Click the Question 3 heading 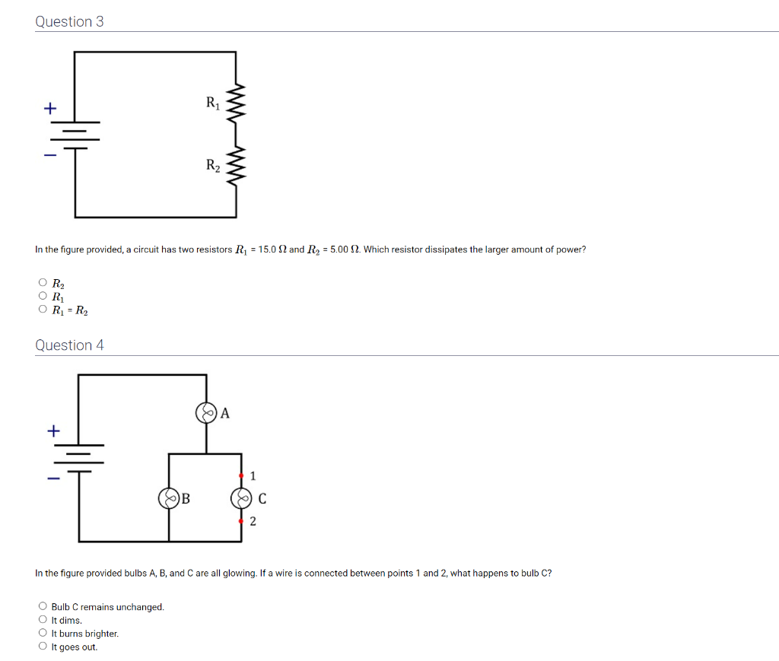pos(69,21)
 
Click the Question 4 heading pos(69,345)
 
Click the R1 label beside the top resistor pos(212,103)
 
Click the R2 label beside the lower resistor pos(212,165)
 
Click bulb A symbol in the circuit pos(206,413)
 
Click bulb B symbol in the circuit pos(168,499)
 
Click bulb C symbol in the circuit pos(241,499)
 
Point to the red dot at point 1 pos(241,475)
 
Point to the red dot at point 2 pos(241,521)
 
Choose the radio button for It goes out pos(42,647)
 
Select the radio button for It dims pos(42,620)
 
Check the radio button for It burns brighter pos(42,634)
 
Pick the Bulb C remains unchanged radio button pos(42,607)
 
